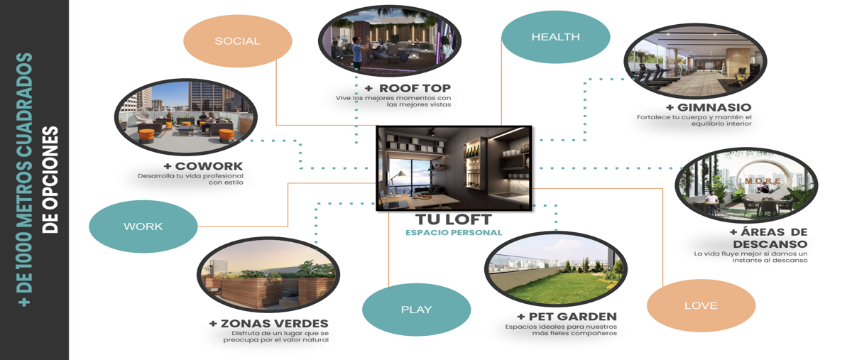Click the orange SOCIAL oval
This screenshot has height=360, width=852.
[238, 41]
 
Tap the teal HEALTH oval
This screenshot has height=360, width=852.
[556, 37]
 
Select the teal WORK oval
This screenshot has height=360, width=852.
[143, 227]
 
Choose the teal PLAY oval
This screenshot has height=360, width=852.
[417, 310]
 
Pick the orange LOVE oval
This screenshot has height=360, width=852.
[701, 305]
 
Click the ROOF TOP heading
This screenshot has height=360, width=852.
[408, 88]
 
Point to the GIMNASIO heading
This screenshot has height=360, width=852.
[709, 107]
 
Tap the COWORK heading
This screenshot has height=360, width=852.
[204, 166]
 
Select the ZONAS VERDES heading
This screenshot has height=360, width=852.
[269, 324]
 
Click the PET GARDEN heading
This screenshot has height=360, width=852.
[567, 317]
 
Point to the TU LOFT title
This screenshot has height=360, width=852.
[454, 219]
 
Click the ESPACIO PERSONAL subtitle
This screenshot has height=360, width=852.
[454, 232]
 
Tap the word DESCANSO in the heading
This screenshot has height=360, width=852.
[770, 244]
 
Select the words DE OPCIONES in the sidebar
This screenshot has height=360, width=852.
[50, 180]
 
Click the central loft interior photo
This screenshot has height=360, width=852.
[454, 168]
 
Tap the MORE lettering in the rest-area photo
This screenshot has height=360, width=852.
[763, 181]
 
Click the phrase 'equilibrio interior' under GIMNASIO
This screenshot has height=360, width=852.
[721, 124]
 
